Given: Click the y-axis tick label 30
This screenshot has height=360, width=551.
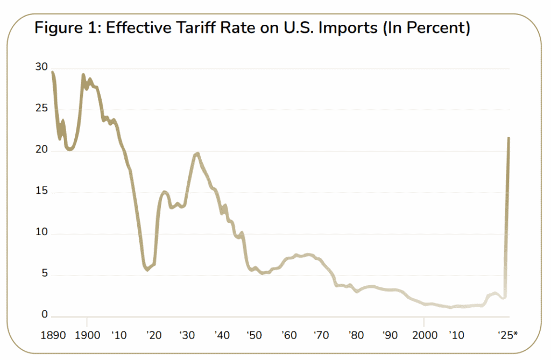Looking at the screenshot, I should [41, 68].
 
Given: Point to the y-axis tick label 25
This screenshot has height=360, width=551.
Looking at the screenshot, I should [41, 109].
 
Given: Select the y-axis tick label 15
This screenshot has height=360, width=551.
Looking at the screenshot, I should [41, 192].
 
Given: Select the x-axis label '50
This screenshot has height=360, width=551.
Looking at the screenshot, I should [254, 336].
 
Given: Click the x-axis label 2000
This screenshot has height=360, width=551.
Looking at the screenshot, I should [423, 336].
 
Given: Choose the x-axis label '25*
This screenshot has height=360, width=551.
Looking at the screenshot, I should [507, 336].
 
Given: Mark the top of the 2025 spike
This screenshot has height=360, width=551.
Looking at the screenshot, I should [508, 138].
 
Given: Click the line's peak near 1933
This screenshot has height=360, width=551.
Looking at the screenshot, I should [197, 154].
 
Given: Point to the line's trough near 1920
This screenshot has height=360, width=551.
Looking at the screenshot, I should [147, 270].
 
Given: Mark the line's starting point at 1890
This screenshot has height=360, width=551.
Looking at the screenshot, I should [52, 72].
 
